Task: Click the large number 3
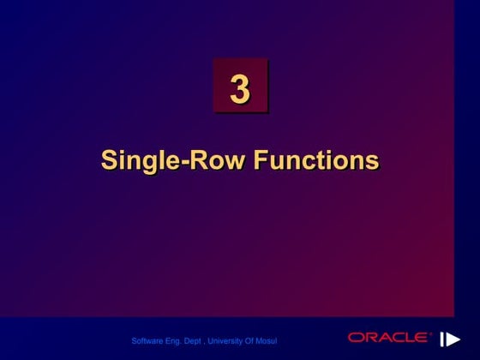[x=240, y=88]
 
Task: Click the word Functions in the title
[x=321, y=160]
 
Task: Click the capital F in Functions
[x=271, y=159]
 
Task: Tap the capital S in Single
[x=110, y=160]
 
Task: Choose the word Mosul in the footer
[x=267, y=341]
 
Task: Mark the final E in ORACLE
[x=427, y=338]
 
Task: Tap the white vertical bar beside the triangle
[x=443, y=339]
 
